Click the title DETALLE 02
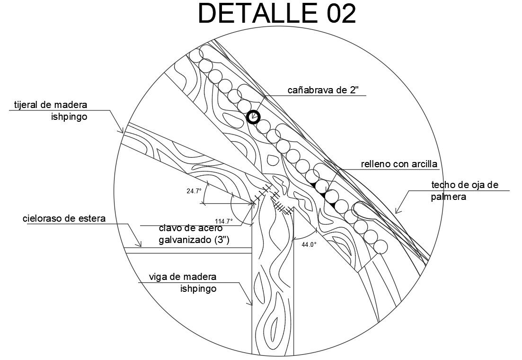click(276, 14)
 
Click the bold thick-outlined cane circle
click(254, 117)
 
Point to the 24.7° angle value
click(194, 191)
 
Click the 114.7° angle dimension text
click(223, 221)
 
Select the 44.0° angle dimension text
click(309, 244)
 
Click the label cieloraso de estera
click(63, 219)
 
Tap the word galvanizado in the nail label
click(186, 240)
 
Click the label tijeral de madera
click(51, 105)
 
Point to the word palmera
click(449, 197)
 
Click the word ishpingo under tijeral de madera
click(69, 117)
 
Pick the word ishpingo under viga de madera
click(198, 288)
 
